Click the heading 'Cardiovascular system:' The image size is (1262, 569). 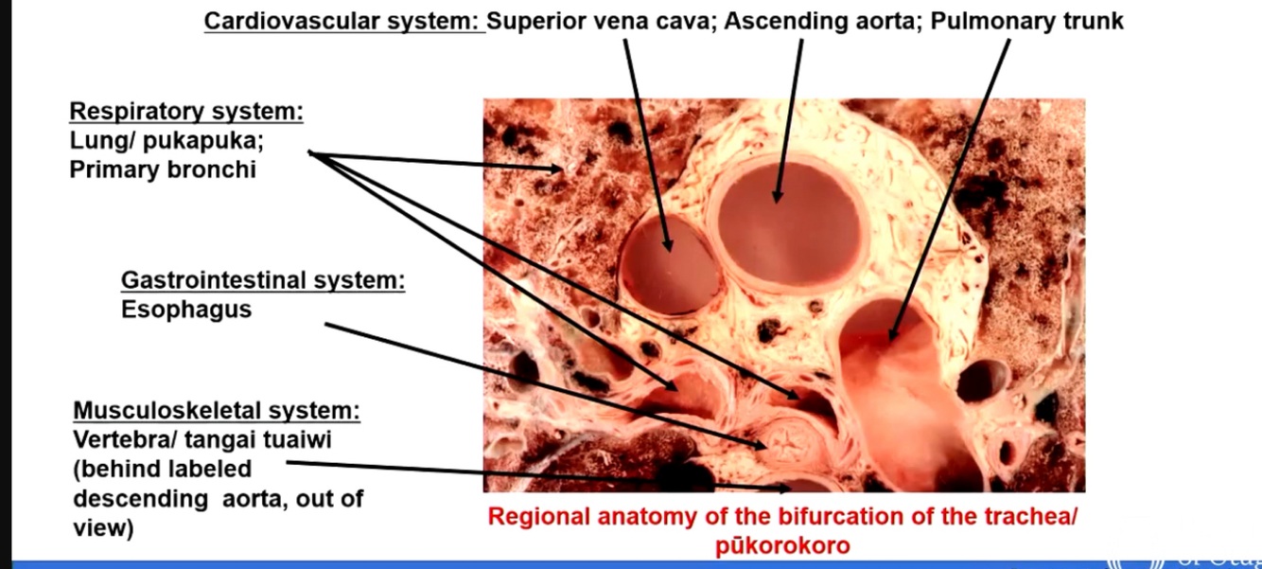(x=343, y=21)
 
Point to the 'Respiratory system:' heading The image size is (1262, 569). (x=186, y=111)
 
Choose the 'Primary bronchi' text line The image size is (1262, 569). (x=163, y=170)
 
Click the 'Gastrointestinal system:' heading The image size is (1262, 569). (x=263, y=280)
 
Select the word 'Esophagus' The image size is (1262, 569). (x=186, y=310)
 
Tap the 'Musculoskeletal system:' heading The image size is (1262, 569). (x=217, y=411)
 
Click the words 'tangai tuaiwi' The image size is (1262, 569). (x=273, y=440)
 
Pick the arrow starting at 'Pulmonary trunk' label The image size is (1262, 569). (x=946, y=189)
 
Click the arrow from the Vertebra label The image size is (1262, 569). (x=539, y=475)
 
